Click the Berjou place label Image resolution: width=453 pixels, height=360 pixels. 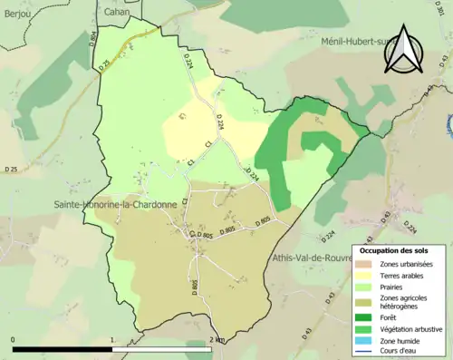pyautogui.click(x=16, y=15)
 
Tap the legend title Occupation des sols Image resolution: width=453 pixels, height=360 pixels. pyautogui.click(x=399, y=250)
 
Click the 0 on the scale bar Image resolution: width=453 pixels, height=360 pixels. pyautogui.click(x=13, y=339)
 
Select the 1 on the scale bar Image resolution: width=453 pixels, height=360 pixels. pyautogui.click(x=111, y=339)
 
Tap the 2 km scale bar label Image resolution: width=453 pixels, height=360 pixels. pyautogui.click(x=216, y=339)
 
